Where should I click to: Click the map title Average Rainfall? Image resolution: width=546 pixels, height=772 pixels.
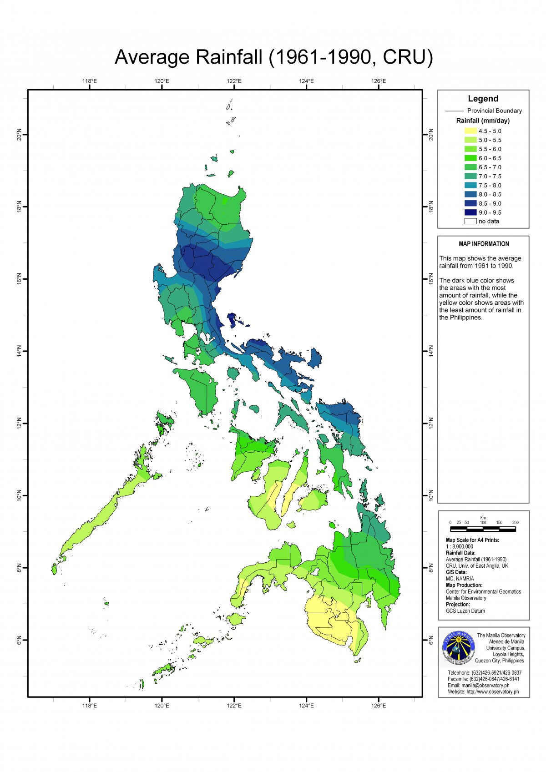click(273, 57)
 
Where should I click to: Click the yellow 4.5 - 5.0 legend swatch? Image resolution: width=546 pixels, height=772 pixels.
click(470, 131)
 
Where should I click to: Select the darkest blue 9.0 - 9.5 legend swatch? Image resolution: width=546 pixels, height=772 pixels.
click(470, 212)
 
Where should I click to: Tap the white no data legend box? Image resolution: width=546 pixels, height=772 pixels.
click(470, 222)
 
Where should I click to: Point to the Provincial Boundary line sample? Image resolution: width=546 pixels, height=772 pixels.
click(454, 111)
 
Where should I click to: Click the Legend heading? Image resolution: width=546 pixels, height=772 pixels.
click(483, 99)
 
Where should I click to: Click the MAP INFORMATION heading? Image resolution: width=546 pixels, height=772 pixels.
click(484, 244)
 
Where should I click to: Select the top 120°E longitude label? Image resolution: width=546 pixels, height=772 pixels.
click(162, 81)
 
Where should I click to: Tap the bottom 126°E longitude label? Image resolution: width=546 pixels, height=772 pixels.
click(378, 706)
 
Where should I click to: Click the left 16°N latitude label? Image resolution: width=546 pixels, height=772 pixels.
click(19, 279)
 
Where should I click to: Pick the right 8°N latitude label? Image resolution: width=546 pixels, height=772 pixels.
click(431, 568)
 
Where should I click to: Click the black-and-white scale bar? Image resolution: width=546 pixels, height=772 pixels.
click(483, 530)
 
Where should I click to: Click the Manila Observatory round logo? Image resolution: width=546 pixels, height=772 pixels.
click(459, 648)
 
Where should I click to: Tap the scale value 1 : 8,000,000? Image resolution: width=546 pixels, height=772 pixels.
click(459, 546)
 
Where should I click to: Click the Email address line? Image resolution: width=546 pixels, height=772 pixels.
click(478, 685)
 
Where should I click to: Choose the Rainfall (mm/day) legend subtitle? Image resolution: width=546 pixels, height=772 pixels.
click(483, 121)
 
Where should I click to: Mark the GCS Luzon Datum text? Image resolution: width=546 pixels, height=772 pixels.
click(465, 611)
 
